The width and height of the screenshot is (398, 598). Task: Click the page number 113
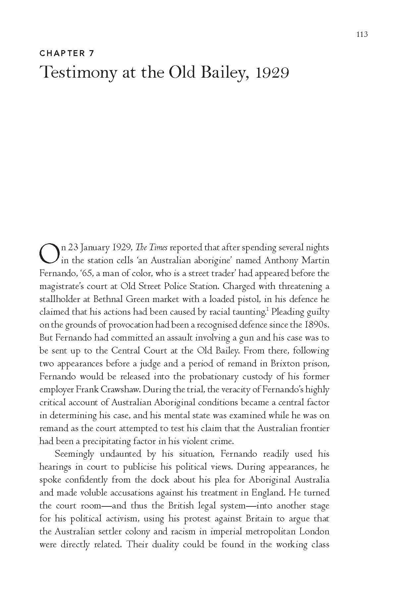click(362, 34)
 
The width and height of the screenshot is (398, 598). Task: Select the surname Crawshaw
click(121, 389)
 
